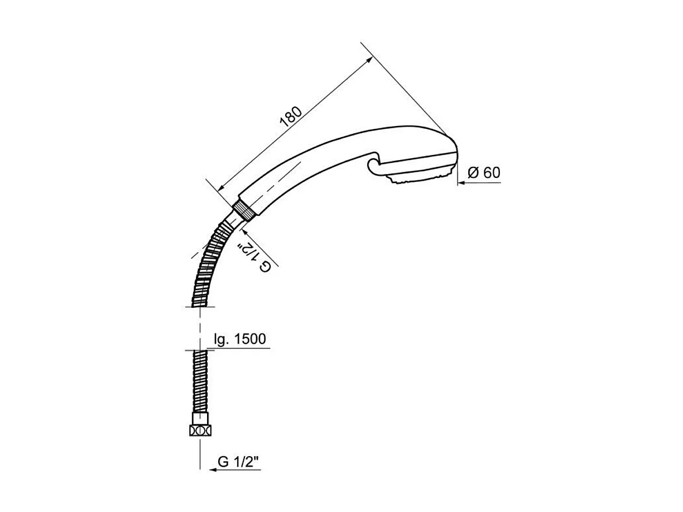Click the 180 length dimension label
coord(291,117)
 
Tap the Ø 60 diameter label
coord(484,172)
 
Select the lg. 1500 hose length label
coord(240,339)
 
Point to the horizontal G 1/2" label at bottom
coord(239,470)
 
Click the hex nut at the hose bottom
coord(200,431)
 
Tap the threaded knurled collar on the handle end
coord(244,211)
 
